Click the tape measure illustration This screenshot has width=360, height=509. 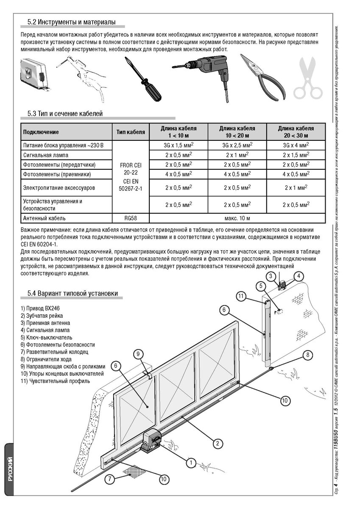click(x=33, y=74)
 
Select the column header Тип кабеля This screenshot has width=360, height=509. click(x=131, y=132)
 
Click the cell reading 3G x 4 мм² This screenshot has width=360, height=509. click(x=296, y=145)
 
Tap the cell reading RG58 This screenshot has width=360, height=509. click(x=131, y=218)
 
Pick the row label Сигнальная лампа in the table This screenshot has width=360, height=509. click(x=46, y=155)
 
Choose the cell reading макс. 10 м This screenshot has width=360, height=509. click(x=237, y=218)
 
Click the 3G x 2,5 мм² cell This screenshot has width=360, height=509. click(x=237, y=145)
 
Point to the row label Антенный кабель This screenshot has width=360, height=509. click(x=44, y=218)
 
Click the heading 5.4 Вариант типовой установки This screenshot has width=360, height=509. click(x=73, y=293)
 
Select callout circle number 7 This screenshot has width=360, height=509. click(x=110, y=479)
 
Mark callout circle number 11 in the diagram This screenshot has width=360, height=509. click(x=242, y=296)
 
